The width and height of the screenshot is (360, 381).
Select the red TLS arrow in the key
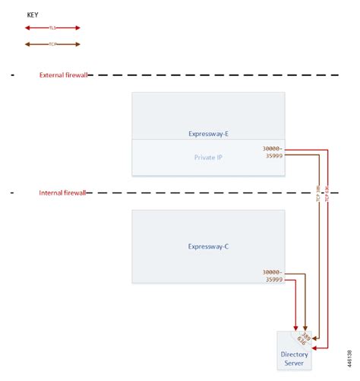pos(52,28)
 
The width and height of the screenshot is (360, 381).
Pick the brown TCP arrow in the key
pos(52,44)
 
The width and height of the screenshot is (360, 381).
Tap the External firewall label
pos(64,75)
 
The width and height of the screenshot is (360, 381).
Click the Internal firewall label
pos(63,193)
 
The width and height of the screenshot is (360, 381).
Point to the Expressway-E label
pos(208,134)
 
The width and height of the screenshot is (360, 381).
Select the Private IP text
pos(208,158)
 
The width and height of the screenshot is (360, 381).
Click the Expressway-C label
pos(208,246)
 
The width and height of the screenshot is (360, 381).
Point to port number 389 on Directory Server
pos(305,335)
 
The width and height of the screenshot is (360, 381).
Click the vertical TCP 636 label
pos(327,193)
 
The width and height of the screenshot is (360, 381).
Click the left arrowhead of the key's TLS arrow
pos(27,28)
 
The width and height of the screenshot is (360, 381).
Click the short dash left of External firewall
pos(14,75)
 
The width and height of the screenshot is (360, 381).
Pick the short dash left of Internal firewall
pos(14,193)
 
